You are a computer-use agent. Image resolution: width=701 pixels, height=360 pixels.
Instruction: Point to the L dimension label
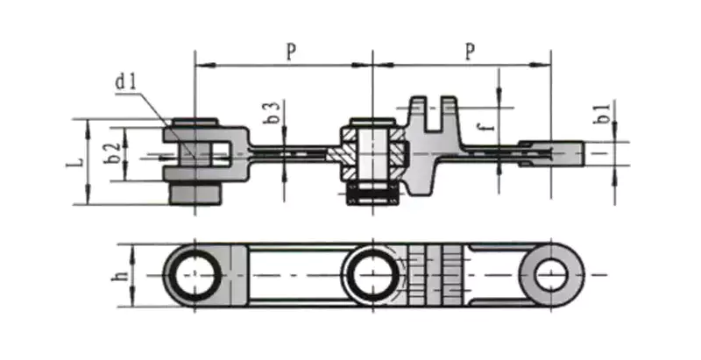[x=77, y=162]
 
